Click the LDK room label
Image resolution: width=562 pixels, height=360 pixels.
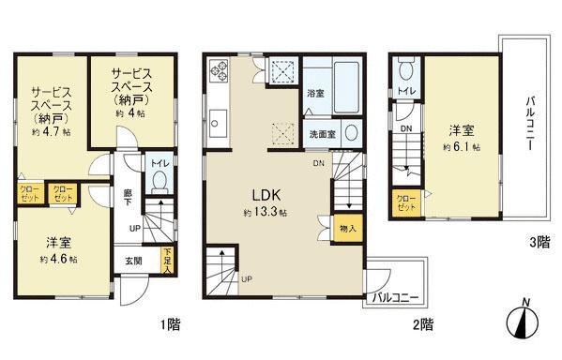pos(266,195)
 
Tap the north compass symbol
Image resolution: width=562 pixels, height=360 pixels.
pos(524,320)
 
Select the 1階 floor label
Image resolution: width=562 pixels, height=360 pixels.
pos(170,325)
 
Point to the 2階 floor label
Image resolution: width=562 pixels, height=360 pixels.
pos(423,325)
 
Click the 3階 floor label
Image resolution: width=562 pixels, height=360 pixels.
pos(539,243)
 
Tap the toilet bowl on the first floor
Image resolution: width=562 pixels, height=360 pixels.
pos(159,182)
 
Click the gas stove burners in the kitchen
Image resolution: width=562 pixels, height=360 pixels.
pos(219,70)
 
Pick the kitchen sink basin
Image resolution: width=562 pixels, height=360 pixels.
pos(218,123)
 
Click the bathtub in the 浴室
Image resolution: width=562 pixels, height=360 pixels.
pos(346,87)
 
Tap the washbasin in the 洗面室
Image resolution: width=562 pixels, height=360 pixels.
pos(351,133)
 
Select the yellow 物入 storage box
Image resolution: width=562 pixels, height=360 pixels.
pos(348,229)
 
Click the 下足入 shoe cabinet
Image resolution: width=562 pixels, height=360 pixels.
pos(167,261)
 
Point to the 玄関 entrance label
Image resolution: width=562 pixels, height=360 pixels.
pos(133,261)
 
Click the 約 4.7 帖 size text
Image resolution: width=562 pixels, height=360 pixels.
pos(52,132)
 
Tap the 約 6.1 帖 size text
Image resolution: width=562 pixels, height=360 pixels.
pos(462,147)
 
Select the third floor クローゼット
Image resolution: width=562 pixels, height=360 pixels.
pos(407,203)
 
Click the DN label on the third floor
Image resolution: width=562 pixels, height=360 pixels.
pos(406,128)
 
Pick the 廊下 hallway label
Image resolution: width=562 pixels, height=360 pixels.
pos(128,198)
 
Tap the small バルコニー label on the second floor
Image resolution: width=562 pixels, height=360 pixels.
pos(395,298)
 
